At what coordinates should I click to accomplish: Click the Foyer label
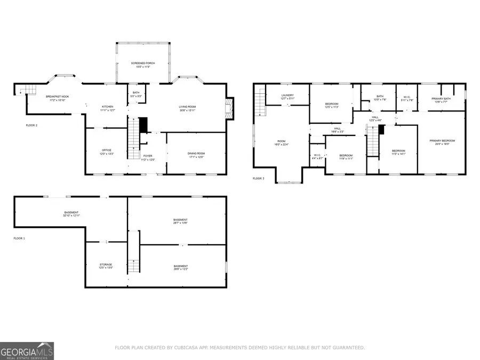coord(148,157)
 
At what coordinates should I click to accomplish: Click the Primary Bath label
coord(441,97)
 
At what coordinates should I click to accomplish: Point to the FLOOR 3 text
coord(259,179)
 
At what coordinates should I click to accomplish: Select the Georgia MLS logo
coord(27,351)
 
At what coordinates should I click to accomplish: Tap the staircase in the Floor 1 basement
coord(133,265)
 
